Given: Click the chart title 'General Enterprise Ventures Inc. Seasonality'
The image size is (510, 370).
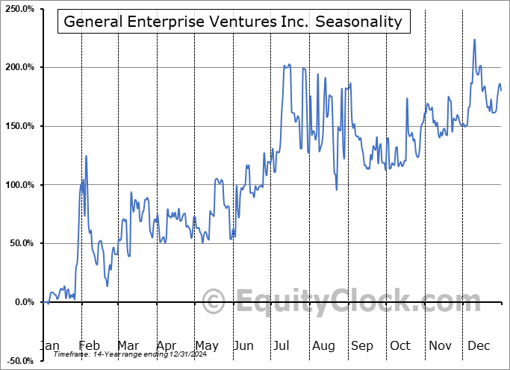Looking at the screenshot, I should [x=233, y=22].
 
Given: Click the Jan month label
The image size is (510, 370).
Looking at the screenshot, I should [x=49, y=345].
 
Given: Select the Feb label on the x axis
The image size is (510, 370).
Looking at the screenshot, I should [x=89, y=345].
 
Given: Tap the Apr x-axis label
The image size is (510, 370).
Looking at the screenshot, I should [x=167, y=345].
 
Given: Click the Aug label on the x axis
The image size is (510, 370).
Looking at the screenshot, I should [x=323, y=345].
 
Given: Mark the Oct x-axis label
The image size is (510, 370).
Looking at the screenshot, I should [x=400, y=345].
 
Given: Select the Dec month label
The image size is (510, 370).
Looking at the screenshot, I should [x=479, y=345].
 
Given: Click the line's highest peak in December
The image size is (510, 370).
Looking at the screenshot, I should [x=474, y=40].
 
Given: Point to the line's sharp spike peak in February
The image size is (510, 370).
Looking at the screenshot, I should [x=87, y=155].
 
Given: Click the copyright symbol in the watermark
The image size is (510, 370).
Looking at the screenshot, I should [x=214, y=302].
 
